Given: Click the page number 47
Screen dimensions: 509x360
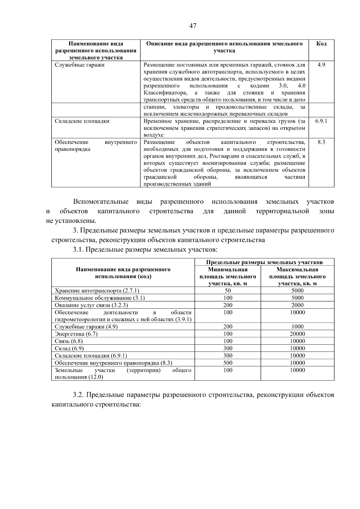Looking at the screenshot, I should pos(193,26).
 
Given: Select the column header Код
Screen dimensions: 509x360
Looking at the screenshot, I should pos(321,44).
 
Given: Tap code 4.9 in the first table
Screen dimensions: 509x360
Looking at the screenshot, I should pos(321,65).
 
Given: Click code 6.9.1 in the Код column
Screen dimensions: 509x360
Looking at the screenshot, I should pos(321,121).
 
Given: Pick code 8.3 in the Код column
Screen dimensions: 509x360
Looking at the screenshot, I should pos(321,142).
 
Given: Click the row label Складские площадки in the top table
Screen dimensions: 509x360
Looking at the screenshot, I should pos(82,121).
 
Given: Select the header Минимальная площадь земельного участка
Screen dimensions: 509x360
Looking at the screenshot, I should pos(228,276).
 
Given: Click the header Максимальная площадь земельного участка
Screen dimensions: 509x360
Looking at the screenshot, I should pos(297,276).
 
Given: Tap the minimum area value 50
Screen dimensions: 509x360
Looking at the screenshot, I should pos(228,291).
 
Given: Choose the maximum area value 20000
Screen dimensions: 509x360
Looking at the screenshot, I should pos(297,334).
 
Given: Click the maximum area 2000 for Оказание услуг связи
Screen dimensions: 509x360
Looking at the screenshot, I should pos(297,305).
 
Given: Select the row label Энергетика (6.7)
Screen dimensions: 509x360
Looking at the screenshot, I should pos(76,334).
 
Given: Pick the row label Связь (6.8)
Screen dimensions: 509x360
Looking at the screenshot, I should pos(69,341).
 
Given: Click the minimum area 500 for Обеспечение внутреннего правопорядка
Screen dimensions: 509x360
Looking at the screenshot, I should pos(228,363).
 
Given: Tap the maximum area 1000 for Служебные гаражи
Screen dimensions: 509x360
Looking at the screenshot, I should pos(297,327).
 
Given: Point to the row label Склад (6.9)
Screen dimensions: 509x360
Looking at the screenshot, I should pos(69,348).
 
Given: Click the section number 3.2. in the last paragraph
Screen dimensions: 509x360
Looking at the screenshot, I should pos(78,395).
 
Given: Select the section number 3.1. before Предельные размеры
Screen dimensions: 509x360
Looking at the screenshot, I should pos(78,250).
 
